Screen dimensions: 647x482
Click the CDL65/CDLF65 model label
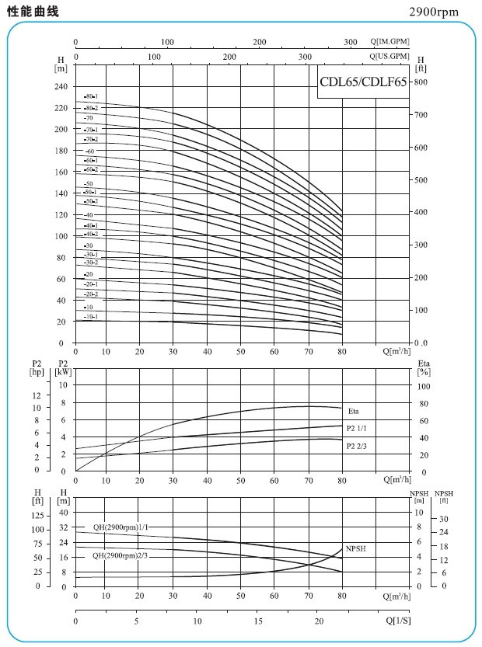point(363,83)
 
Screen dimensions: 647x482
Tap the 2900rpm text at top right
point(434,12)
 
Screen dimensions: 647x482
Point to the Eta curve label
point(353,411)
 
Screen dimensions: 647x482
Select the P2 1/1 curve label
point(356,428)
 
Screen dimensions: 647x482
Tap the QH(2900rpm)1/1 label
point(120,527)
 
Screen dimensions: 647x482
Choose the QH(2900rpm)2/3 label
point(120,555)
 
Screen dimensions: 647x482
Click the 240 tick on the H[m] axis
point(61,87)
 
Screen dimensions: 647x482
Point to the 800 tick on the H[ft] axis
point(421,82)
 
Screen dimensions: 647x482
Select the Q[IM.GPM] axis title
point(389,41)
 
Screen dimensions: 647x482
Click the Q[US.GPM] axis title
point(389,57)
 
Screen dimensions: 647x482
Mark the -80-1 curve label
point(91,96)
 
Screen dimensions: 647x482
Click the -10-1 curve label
point(91,317)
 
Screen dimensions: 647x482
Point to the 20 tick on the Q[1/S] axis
point(319,622)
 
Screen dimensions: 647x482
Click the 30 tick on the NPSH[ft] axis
point(444,519)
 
